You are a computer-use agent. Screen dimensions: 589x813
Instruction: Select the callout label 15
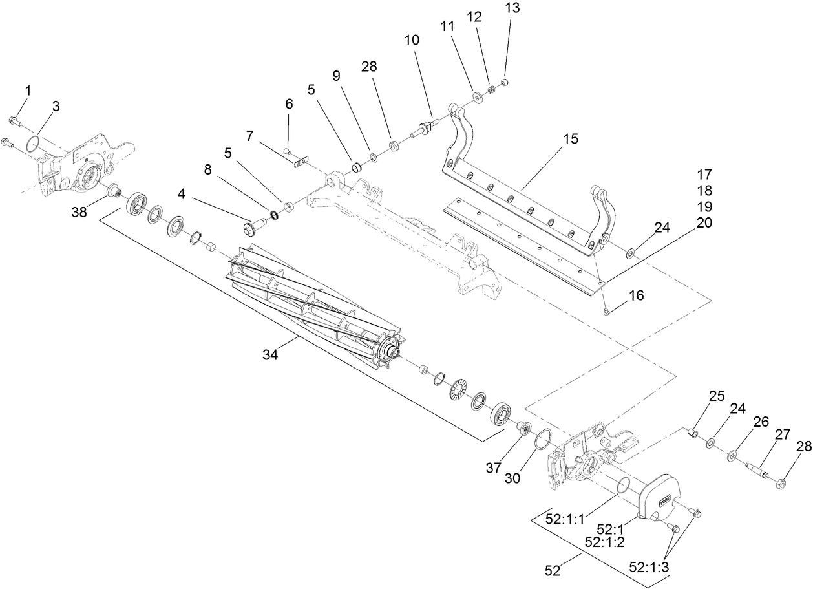[570, 139]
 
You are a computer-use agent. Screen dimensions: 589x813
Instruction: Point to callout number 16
[636, 295]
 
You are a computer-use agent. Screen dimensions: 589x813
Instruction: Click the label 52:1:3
[649, 567]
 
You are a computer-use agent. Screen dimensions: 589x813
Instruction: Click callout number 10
[412, 40]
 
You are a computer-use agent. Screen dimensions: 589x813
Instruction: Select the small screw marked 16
[607, 312]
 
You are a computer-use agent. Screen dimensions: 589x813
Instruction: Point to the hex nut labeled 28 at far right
[781, 482]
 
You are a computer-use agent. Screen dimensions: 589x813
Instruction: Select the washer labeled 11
[477, 98]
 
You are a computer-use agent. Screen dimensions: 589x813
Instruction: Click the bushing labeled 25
[692, 432]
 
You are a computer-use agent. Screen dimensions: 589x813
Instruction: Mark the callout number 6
[289, 103]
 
